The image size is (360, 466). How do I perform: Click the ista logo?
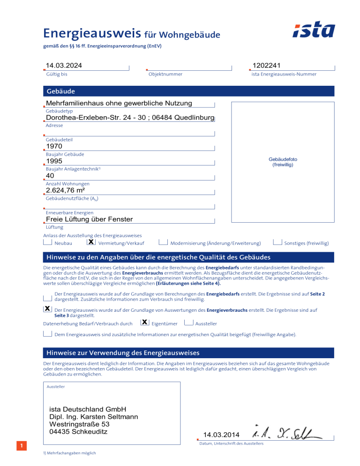point(314,30)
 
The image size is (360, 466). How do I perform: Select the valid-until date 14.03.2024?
point(66,65)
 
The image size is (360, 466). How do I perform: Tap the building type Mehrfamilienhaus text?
point(119,103)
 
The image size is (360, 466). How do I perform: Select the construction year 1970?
point(54,147)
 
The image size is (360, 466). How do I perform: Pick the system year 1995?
point(54,161)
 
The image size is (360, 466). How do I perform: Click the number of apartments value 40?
point(50,176)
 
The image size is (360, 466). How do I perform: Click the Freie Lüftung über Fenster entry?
point(89,219)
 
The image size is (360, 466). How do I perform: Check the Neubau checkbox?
point(47,242)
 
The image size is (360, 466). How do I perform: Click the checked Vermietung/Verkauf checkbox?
point(91,242)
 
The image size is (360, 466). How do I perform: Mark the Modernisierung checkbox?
point(163,242)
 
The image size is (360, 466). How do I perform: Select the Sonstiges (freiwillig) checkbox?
point(277,242)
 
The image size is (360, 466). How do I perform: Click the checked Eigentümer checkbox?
point(145,323)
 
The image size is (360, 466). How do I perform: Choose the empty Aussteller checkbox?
point(188,323)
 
